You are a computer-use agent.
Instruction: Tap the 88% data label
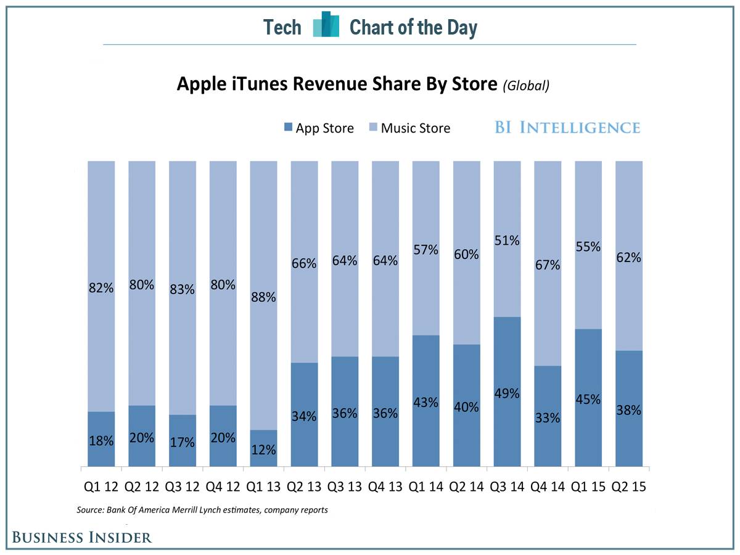coord(263,297)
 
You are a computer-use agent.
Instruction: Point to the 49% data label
coord(507,393)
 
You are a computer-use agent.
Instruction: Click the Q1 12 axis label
coord(101,487)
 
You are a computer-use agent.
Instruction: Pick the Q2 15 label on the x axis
coord(629,487)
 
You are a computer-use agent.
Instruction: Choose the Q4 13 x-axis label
coord(385,487)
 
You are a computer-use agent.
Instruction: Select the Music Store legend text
coord(416,128)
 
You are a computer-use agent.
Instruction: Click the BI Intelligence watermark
coord(567,128)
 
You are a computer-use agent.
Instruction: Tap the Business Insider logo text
coord(82,537)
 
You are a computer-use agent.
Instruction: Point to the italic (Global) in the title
coord(525,86)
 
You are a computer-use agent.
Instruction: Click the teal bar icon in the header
coord(326,25)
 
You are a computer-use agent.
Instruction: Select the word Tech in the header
coord(282,27)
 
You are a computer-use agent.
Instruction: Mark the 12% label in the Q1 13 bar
coord(263,450)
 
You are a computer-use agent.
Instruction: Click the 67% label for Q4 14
coord(548,265)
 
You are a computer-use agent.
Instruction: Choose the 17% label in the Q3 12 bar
coord(182,442)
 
